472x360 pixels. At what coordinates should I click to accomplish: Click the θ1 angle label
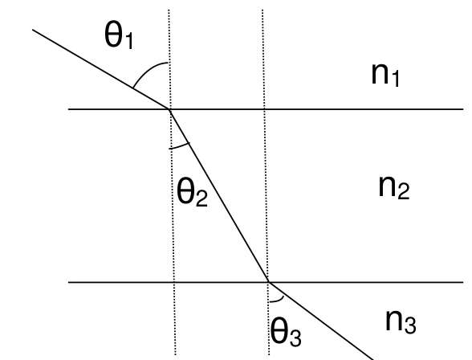[x=119, y=36]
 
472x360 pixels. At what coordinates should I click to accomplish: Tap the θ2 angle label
[x=193, y=191]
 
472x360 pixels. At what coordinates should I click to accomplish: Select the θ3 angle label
[x=286, y=331]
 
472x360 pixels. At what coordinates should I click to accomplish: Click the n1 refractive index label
[x=385, y=75]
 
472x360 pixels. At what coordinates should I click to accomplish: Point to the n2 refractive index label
[x=394, y=186]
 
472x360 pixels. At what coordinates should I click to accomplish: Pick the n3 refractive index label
[x=401, y=321]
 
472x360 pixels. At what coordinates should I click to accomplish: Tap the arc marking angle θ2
[x=180, y=146]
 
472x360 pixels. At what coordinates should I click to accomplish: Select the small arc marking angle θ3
[x=278, y=300]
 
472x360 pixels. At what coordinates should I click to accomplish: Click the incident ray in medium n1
[x=101, y=69]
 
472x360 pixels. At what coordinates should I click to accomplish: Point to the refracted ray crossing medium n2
[x=219, y=195]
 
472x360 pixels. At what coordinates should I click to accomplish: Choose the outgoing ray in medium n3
[x=321, y=321]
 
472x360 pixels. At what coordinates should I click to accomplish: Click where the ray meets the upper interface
[x=170, y=109]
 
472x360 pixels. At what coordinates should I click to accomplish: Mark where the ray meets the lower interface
[x=269, y=282]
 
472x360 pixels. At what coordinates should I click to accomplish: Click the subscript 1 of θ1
[x=128, y=41]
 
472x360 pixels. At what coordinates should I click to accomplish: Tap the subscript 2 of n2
[x=404, y=190]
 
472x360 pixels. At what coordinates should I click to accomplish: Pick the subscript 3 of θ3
[x=295, y=338]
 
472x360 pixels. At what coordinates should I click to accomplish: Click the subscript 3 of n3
[x=410, y=325]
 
